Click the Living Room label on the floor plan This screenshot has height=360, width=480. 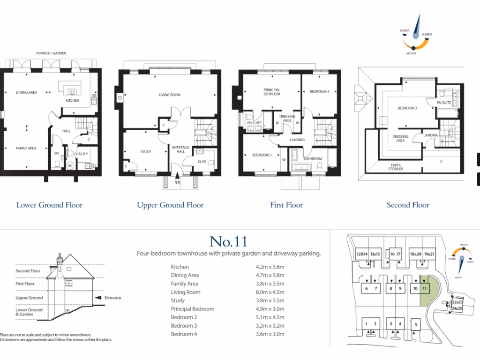[169, 95]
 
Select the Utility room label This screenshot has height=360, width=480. [82, 154]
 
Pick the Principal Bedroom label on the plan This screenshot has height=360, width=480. [272, 92]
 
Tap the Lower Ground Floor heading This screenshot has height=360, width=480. [49, 205]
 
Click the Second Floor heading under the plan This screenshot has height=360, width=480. [408, 205]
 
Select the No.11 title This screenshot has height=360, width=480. [228, 241]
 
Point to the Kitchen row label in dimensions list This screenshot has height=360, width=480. [180, 267]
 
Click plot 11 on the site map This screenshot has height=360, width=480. [424, 288]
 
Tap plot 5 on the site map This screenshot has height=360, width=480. [415, 323]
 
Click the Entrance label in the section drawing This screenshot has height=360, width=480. [113, 298]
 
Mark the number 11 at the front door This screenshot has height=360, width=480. [177, 182]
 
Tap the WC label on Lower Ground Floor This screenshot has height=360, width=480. [57, 153]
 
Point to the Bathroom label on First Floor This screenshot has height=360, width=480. [313, 159]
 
